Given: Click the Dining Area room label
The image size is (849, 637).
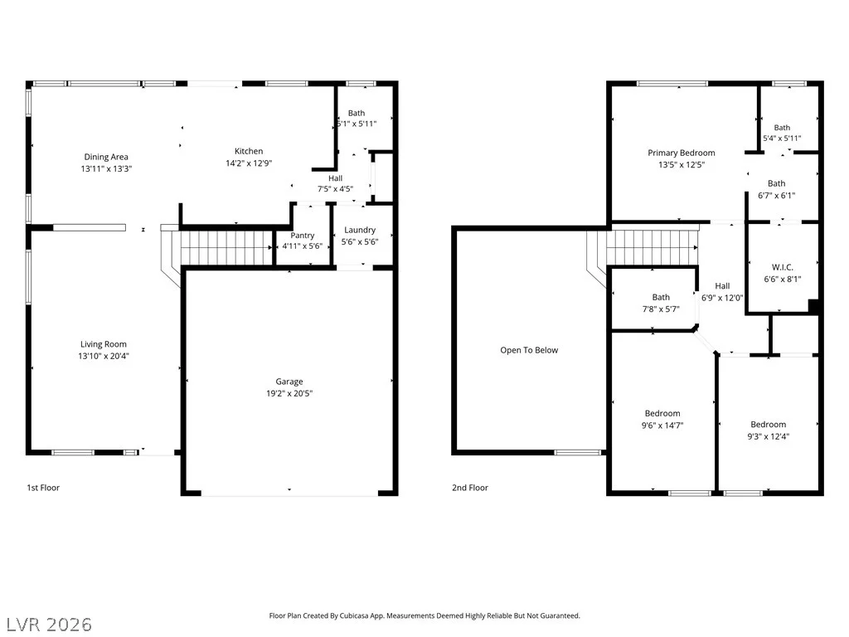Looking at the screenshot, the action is [x=106, y=157].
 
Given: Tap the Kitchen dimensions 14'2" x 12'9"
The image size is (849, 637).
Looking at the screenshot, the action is [x=249, y=163].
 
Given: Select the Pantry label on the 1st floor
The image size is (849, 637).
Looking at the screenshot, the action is [x=302, y=235].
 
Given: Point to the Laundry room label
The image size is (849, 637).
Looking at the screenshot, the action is [x=360, y=230].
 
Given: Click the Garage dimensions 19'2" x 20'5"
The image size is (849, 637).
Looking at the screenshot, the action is [x=289, y=393].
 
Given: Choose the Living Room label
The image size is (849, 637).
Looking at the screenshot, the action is [x=104, y=344].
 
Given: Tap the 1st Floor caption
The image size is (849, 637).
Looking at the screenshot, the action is [x=43, y=488].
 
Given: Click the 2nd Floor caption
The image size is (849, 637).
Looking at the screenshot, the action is [x=470, y=488].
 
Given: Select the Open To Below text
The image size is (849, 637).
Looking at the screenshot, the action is [x=529, y=350].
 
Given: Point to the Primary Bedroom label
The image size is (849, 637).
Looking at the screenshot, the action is [x=682, y=153].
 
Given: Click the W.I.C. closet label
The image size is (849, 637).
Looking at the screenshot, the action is [x=783, y=267].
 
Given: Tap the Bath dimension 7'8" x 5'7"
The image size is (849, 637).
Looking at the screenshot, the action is [x=661, y=309].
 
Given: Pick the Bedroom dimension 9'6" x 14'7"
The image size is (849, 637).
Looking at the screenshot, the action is [x=662, y=425].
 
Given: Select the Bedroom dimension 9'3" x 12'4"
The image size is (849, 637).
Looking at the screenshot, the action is [x=768, y=436].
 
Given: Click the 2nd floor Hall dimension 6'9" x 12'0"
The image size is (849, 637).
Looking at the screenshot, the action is [x=722, y=298].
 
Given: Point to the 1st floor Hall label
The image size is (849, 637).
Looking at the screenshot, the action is [x=335, y=177].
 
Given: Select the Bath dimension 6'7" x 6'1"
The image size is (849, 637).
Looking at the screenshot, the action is [x=776, y=195].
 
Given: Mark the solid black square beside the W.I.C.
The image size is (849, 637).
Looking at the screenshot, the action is [x=813, y=305].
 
